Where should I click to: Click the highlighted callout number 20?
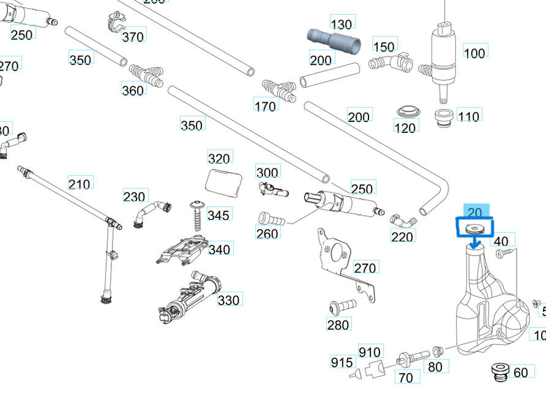[475, 212]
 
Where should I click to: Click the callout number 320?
[219, 158]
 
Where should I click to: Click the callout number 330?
[229, 300]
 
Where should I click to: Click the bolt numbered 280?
[342, 304]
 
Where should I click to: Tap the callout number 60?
[520, 372]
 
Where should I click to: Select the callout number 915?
[342, 362]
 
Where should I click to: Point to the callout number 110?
[469, 115]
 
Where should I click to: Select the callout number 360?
[133, 91]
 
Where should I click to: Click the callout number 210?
[80, 184]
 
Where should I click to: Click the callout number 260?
[267, 233]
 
